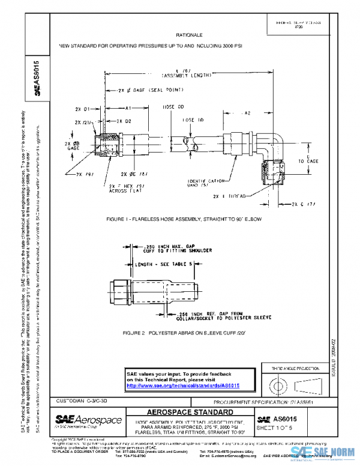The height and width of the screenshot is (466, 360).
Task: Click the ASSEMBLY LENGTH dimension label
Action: click(x=187, y=76)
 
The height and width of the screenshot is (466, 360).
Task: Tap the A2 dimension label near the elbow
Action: click(x=244, y=112)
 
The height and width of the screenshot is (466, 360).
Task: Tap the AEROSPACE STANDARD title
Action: click(x=190, y=413)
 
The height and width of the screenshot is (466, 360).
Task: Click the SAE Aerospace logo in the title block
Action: click(x=88, y=420)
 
